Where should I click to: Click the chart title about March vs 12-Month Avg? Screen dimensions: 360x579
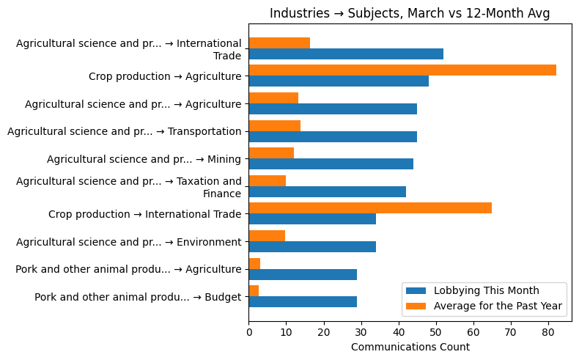click(410, 13)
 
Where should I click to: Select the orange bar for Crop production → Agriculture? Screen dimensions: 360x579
click(402, 70)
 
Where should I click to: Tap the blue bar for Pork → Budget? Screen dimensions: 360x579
click(303, 301)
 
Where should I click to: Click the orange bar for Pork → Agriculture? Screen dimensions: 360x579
click(254, 263)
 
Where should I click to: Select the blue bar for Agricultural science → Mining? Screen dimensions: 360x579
click(331, 164)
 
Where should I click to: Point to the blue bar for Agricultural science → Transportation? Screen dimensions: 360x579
click(333, 136)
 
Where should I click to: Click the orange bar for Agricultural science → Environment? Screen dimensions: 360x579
click(267, 235)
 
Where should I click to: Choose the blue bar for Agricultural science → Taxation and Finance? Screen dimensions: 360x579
click(327, 191)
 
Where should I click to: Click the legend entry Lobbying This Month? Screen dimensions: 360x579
click(486, 290)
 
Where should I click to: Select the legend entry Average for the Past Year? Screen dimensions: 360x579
click(498, 306)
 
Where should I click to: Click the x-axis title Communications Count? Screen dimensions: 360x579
click(410, 347)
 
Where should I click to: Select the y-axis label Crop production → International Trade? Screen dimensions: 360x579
click(144, 214)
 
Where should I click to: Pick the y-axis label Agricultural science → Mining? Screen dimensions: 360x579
click(144, 159)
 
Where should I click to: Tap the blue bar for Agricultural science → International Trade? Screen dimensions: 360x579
click(346, 54)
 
